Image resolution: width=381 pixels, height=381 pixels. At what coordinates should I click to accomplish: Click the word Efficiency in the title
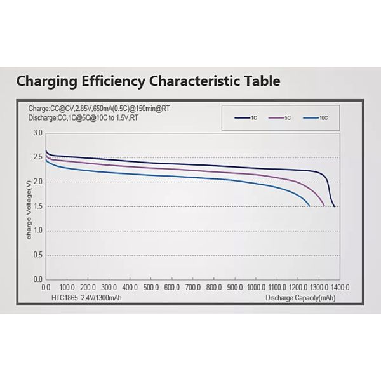(x=116, y=81)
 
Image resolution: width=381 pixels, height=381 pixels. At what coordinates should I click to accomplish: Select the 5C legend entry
(x=280, y=118)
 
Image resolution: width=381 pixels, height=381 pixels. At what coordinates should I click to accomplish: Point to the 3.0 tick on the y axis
(x=37, y=133)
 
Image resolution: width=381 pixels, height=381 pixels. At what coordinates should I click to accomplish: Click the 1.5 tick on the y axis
(x=37, y=206)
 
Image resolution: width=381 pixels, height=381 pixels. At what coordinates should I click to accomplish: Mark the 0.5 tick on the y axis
(x=37, y=255)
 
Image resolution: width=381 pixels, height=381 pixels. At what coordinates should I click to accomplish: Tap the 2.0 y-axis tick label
(x=37, y=182)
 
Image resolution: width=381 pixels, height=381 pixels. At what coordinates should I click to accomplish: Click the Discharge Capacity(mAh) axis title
(x=300, y=297)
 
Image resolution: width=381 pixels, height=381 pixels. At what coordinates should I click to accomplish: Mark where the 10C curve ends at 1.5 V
(x=309, y=206)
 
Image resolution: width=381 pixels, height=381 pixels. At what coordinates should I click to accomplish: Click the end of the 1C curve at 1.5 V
(x=335, y=206)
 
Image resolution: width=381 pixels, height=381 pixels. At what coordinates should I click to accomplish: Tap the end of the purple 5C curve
(x=324, y=206)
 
